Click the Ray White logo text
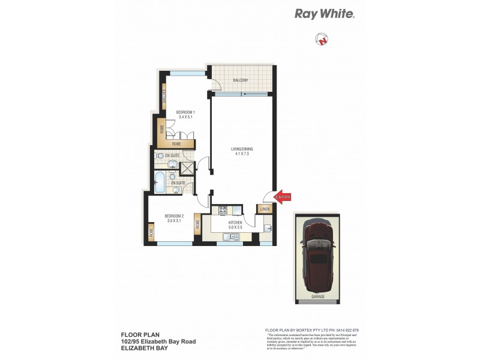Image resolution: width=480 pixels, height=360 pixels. [325, 14]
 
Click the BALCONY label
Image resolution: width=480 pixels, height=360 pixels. [240, 80]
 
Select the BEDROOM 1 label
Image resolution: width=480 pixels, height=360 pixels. [184, 112]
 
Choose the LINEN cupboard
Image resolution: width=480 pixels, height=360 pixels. [264, 209]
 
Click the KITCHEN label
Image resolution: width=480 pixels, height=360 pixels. [235, 223]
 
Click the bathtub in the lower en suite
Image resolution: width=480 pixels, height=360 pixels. [160, 182]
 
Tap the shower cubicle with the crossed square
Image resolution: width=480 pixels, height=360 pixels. [188, 168]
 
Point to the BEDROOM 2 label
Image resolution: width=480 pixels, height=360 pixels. [175, 216]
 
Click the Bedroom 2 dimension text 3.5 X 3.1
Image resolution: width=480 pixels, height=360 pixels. [175, 221]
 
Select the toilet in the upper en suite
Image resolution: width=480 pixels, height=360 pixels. [160, 155]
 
